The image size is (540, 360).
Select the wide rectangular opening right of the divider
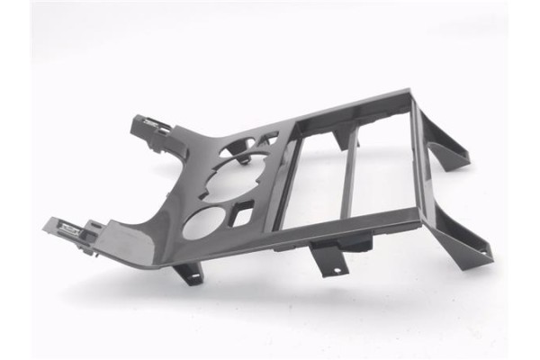382,171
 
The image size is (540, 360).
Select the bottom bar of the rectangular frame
351,230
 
